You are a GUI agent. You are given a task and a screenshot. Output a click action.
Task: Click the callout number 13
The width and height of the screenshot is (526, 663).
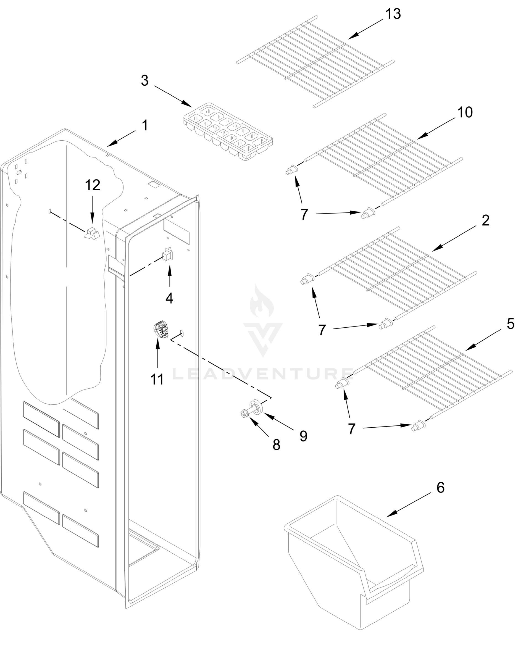(393, 14)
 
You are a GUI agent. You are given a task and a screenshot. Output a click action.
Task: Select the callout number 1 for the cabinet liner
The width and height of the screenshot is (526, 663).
(145, 125)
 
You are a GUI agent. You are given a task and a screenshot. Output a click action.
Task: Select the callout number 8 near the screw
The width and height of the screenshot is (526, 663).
(276, 445)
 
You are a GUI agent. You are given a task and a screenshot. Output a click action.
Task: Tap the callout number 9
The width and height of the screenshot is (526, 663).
(303, 436)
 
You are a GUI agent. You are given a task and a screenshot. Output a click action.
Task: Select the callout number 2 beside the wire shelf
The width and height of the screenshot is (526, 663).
(485, 220)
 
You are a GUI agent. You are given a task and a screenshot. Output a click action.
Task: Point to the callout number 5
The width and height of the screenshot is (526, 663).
(510, 324)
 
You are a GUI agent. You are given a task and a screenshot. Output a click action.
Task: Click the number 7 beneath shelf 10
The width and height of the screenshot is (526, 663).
(304, 214)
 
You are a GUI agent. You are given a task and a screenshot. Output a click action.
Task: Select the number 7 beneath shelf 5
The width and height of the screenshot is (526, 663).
(352, 429)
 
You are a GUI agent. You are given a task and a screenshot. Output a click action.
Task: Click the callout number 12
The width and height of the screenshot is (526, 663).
(93, 185)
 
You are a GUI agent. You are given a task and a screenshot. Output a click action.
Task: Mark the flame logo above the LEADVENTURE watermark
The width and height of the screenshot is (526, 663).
(262, 301)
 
